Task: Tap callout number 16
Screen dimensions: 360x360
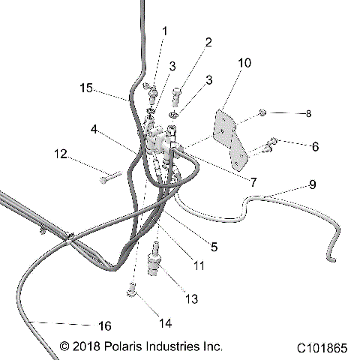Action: [104, 325]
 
